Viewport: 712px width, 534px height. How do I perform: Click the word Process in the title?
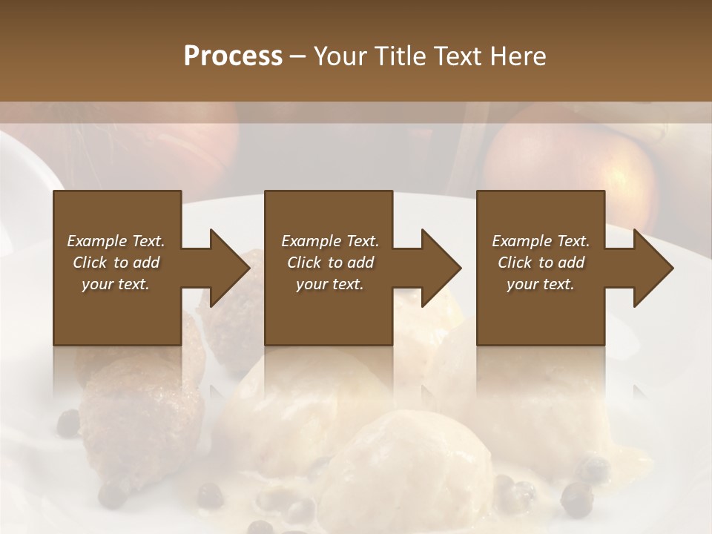(233, 56)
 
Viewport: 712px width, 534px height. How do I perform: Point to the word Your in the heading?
(340, 56)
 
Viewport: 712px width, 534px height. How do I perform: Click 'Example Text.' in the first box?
(116, 241)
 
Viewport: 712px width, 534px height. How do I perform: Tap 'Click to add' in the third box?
(541, 263)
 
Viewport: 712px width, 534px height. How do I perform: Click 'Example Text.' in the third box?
(541, 241)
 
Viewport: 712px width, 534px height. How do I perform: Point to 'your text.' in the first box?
(116, 284)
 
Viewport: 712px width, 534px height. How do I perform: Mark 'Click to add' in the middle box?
(330, 263)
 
